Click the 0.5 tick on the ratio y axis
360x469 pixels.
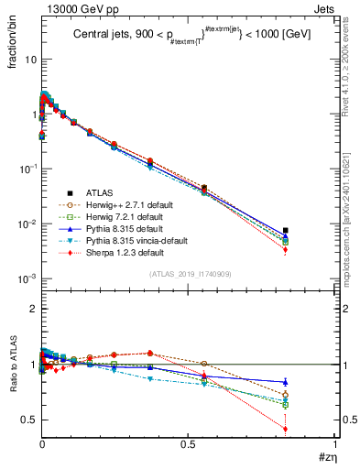click(x=27, y=420)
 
